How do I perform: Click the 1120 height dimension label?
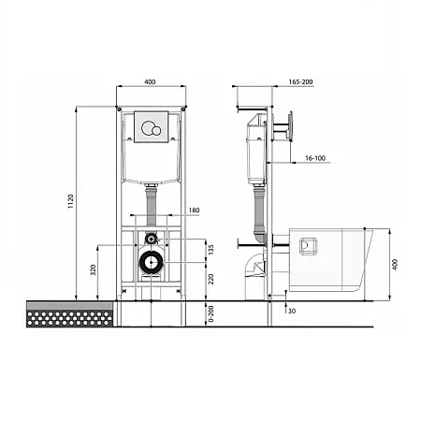coord(71,201)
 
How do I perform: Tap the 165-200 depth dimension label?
coord(300,81)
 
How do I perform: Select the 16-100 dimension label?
coord(315,158)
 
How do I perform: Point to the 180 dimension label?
coord(194,210)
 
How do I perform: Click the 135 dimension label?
coord(211,250)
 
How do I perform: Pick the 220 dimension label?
coord(211,279)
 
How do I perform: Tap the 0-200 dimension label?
coord(211,313)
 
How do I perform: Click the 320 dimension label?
coord(93,269)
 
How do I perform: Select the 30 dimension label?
coord(292,311)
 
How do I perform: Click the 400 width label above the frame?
coord(150,81)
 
